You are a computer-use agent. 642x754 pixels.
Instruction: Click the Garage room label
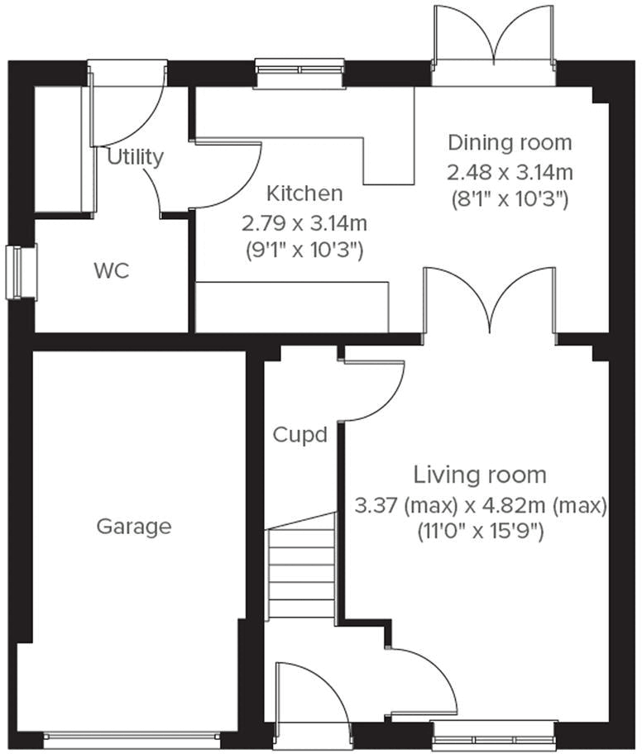pyautogui.click(x=134, y=526)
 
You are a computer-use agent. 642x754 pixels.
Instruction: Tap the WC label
pyautogui.click(x=112, y=271)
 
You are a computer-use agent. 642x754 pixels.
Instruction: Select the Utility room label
pyautogui.click(x=136, y=157)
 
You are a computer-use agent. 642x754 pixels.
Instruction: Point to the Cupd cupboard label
pyautogui.click(x=300, y=434)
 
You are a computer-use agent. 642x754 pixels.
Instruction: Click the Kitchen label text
pyautogui.click(x=304, y=193)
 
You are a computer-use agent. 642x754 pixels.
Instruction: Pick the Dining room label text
pyautogui.click(x=510, y=142)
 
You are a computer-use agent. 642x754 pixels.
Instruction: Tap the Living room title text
pyautogui.click(x=480, y=475)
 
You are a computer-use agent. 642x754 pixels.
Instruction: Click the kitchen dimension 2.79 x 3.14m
pyautogui.click(x=304, y=222)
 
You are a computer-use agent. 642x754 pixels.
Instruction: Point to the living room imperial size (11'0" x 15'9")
pyautogui.click(x=480, y=533)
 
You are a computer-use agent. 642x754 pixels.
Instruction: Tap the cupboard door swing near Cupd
pyautogui.click(x=372, y=389)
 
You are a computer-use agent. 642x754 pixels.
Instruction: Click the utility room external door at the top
pyautogui.click(x=128, y=103)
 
